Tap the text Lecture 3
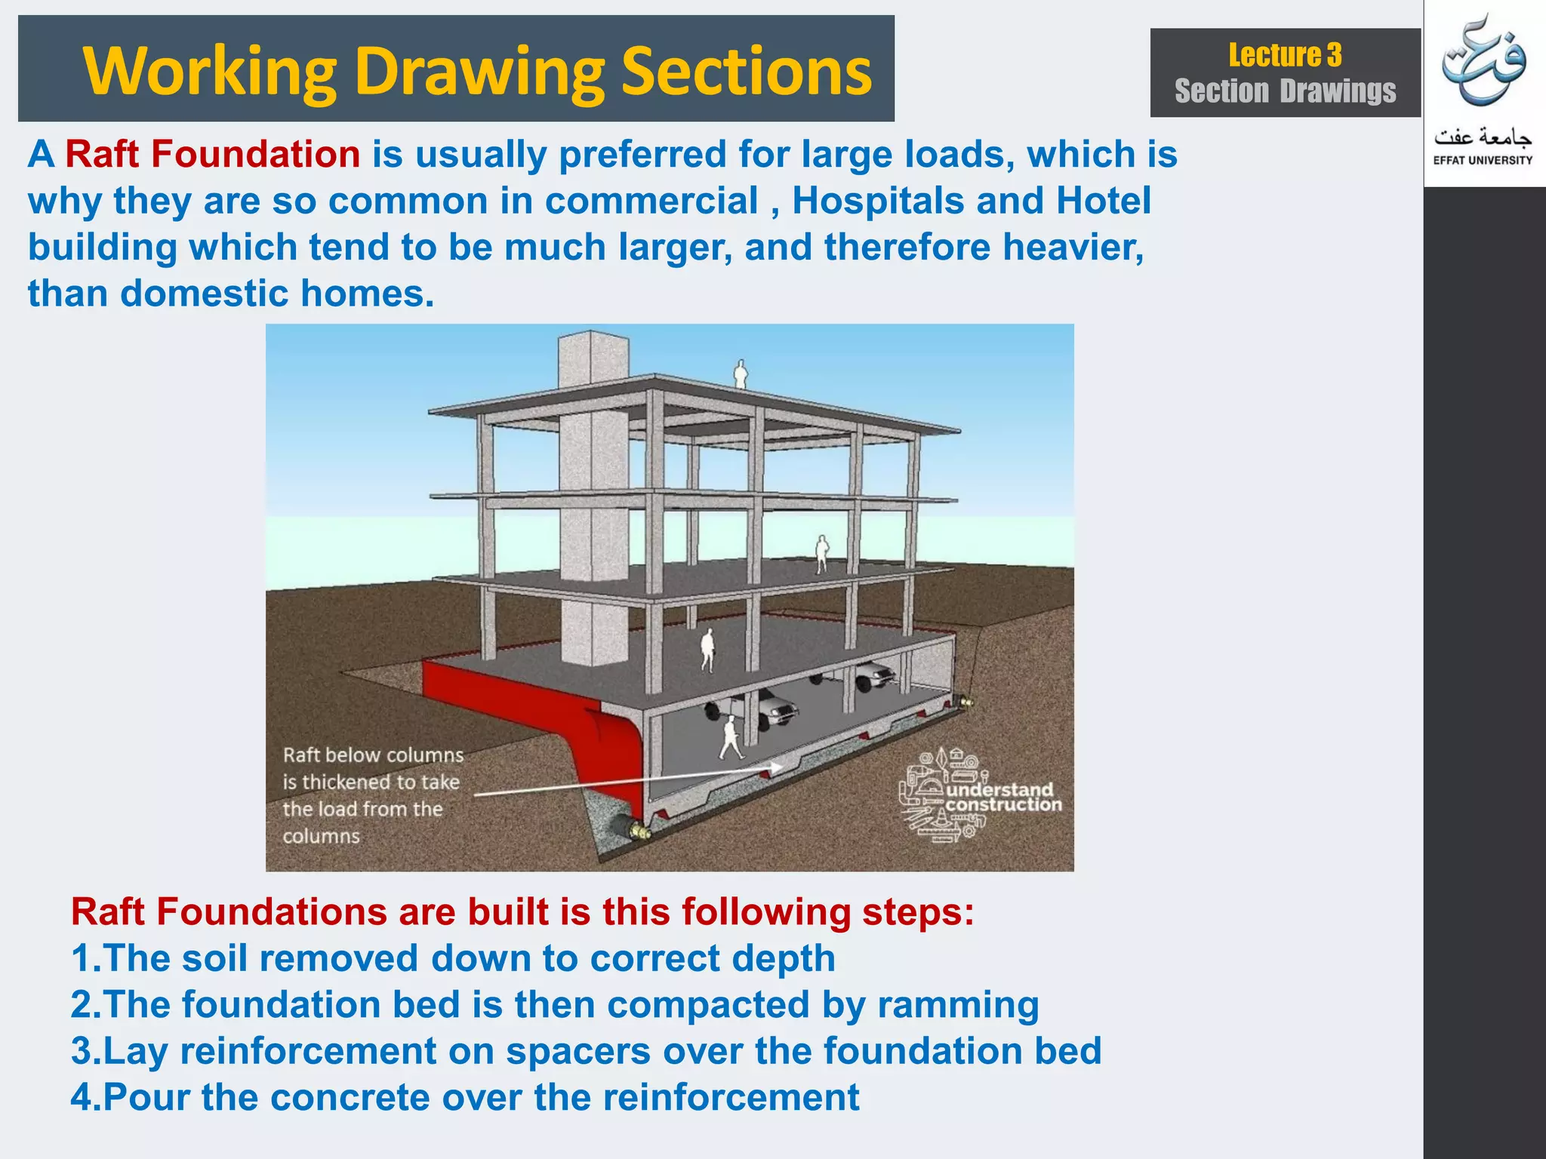1285,56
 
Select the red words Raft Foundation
212,155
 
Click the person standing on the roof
741,374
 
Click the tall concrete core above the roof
593,362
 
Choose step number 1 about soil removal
453,959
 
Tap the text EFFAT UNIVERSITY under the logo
1483,160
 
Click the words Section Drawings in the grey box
1285,91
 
